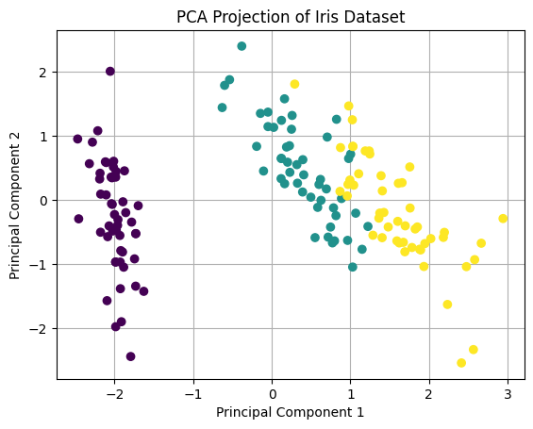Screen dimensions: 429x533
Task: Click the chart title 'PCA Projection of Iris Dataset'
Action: click(x=290, y=16)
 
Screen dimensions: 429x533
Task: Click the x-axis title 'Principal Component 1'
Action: click(x=290, y=412)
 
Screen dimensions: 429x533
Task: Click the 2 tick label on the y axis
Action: click(x=42, y=72)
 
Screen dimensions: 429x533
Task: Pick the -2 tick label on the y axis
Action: click(x=39, y=329)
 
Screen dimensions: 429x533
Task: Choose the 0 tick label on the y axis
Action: click(x=42, y=200)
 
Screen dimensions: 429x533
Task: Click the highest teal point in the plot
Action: click(x=242, y=46)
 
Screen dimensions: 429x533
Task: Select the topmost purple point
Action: click(x=110, y=72)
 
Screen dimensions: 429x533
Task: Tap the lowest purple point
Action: click(x=130, y=356)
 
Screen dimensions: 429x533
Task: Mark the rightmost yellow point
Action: click(x=503, y=219)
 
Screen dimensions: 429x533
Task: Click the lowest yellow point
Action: click(x=461, y=363)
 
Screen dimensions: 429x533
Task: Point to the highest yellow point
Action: click(x=294, y=84)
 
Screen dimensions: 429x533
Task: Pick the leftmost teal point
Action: click(x=223, y=107)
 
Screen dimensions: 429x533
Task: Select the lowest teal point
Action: click(x=353, y=267)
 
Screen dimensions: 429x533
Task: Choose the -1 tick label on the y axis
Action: click(x=39, y=265)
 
